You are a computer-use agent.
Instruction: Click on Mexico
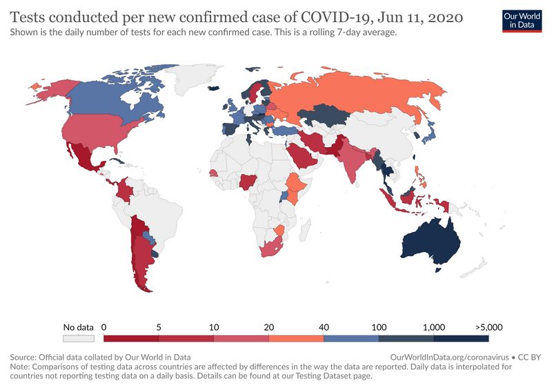(x=86, y=159)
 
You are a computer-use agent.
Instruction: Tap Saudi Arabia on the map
(x=304, y=155)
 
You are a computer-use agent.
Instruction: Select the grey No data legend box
(x=78, y=339)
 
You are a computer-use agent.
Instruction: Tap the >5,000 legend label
(x=488, y=327)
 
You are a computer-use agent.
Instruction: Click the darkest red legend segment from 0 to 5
(x=131, y=339)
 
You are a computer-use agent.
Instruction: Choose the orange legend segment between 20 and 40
(x=296, y=339)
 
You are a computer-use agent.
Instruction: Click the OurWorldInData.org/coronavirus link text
(x=449, y=358)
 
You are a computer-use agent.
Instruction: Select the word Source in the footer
(x=24, y=358)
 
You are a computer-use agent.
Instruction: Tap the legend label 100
(x=378, y=327)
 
